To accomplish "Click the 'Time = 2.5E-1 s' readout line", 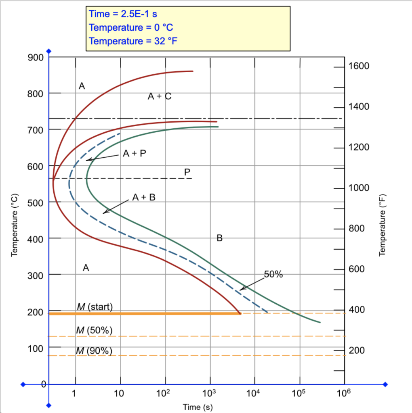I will pyautogui.click(x=123, y=14).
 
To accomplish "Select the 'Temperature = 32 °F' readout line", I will pyautogui.click(x=133, y=41).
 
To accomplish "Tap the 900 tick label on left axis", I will pyautogui.click(x=35, y=57).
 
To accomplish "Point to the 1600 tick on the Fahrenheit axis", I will pyautogui.click(x=359, y=66).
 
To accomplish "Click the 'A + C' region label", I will pyautogui.click(x=160, y=96).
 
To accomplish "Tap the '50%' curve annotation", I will pyautogui.click(x=273, y=275).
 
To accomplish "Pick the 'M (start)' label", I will pyautogui.click(x=94, y=307).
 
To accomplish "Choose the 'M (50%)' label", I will pyautogui.click(x=94, y=330).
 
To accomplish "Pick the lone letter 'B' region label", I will pyautogui.click(x=219, y=238).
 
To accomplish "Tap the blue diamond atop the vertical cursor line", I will pyautogui.click(x=49, y=51).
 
